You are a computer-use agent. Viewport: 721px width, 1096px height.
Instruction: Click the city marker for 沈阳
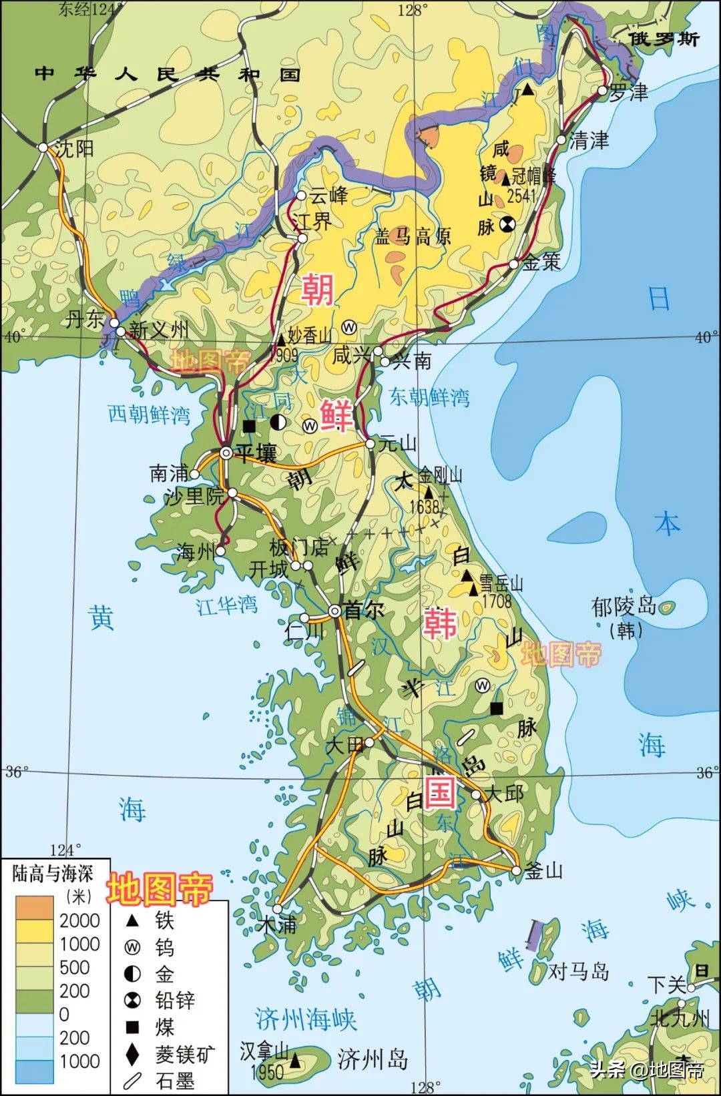coord(43,148)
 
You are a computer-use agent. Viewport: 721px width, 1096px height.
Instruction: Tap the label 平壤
coord(256,455)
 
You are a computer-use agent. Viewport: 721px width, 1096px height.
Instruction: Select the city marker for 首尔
coord(335,611)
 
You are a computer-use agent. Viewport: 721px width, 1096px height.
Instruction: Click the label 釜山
coord(544,871)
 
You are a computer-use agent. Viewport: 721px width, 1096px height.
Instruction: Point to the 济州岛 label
coord(373,1059)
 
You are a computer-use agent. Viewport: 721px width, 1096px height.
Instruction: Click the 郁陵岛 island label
coord(624,607)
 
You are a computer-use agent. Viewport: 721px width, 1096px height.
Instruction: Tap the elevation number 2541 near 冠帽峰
coord(521,196)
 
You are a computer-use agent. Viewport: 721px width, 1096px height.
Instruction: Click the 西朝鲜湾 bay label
coord(149,415)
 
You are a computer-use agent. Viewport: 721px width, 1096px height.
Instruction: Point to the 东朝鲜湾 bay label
coord(429,398)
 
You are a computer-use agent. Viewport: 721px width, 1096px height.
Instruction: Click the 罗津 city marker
coord(602,90)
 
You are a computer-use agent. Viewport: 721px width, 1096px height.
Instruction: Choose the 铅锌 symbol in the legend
coord(133,1000)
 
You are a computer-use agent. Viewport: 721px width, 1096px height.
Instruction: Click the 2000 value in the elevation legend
coord(79,920)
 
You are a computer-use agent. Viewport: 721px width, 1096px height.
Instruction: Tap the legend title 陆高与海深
coord(53,873)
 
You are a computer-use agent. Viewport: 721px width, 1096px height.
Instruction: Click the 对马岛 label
coord(579,971)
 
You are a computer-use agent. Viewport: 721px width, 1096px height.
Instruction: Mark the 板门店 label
coord(298,547)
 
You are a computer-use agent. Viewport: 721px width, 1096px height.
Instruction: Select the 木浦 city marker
coord(277,908)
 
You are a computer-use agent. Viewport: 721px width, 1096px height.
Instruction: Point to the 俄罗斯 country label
coord(665,39)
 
